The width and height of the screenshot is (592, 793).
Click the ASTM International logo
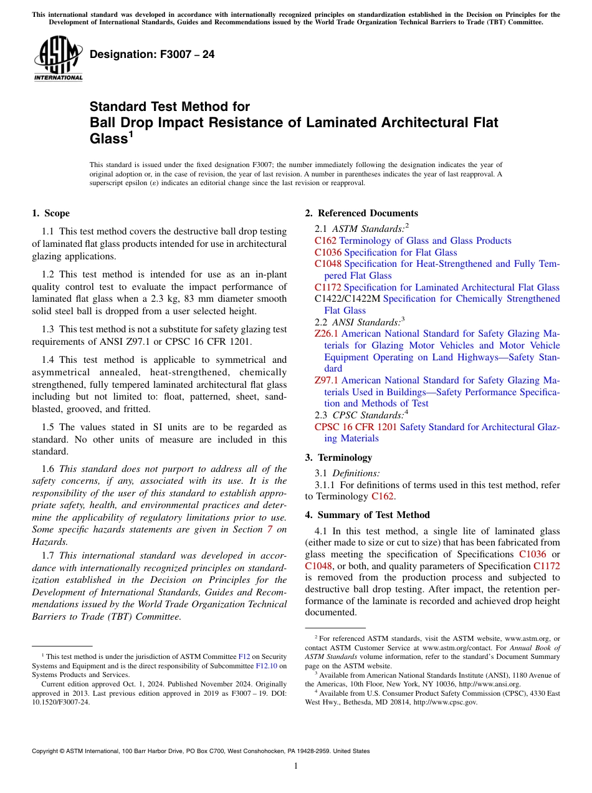(x=58, y=58)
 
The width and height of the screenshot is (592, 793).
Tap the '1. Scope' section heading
(x=50, y=213)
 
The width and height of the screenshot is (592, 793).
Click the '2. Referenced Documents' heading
(x=361, y=213)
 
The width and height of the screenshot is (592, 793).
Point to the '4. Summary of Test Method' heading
(x=367, y=515)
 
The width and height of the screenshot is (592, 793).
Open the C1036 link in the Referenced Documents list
(x=328, y=252)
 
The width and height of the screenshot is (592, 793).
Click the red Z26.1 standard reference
(x=326, y=334)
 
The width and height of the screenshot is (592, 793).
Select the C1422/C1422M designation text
(x=347, y=299)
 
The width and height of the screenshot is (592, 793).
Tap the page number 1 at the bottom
(x=296, y=766)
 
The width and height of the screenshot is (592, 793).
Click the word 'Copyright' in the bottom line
(x=48, y=751)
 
